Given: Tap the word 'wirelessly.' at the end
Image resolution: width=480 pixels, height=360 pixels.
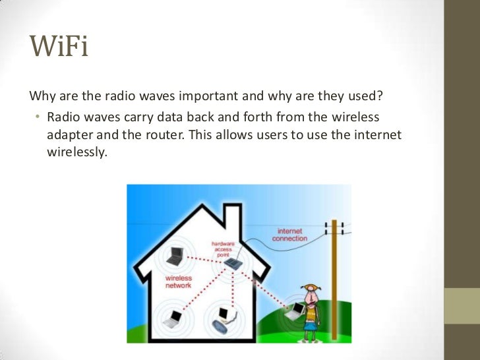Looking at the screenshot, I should [76, 152].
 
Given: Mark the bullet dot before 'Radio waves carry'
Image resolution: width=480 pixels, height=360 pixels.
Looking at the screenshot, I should [38, 117].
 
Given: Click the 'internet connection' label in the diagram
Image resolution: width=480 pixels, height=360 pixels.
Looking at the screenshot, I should [289, 235].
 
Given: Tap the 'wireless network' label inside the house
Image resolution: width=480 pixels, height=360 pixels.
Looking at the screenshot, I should [178, 282].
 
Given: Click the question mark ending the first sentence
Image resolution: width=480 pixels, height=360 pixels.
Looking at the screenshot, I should [380, 97].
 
